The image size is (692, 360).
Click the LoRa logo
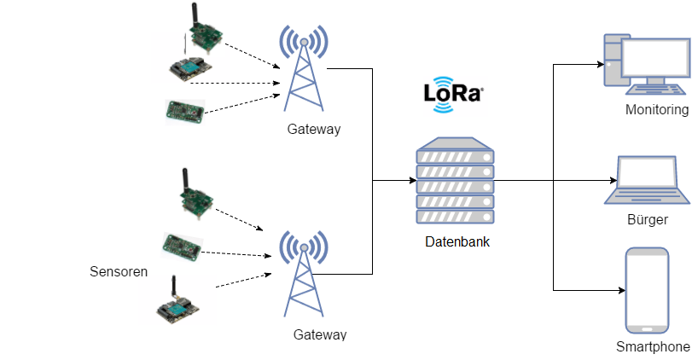coord(453,93)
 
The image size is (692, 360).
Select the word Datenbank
coord(457,242)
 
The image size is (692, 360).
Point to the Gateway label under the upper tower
coord(314,130)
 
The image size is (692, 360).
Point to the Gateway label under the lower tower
coord(320,334)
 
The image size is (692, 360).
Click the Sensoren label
coord(119,272)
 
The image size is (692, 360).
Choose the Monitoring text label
coord(656,110)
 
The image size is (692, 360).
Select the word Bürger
coord(646,219)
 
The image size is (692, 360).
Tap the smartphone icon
coord(647,290)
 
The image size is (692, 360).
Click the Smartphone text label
coord(652,347)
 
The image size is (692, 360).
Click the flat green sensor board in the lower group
coord(182,246)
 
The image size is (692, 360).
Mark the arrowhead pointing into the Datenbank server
coord(411,181)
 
